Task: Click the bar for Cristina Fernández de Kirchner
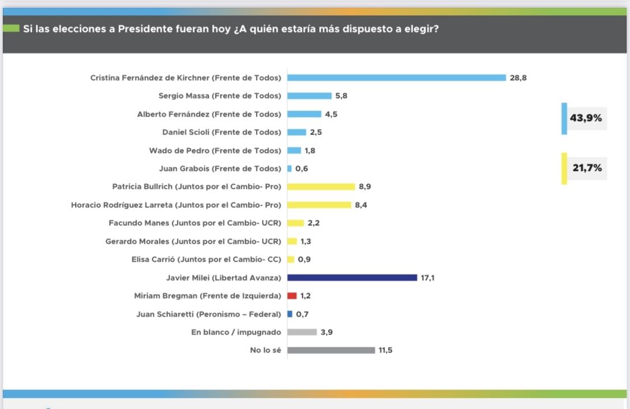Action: tap(396, 77)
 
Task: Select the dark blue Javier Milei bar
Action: tap(352, 277)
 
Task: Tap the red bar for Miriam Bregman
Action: tap(292, 296)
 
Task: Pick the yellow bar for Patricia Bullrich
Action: tap(321, 187)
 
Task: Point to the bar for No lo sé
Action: tap(331, 350)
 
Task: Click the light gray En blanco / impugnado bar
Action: tap(302, 332)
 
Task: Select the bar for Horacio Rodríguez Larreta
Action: tap(319, 205)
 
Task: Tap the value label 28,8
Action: tap(518, 78)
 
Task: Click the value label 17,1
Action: tap(427, 278)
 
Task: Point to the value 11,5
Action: tap(385, 351)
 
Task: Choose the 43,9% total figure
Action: tap(586, 118)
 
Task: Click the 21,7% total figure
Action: tap(587, 168)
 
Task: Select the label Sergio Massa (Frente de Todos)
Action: tap(220, 96)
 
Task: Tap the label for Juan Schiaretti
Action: tap(208, 314)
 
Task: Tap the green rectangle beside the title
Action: tap(11, 29)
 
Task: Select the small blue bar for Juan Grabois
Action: tap(290, 169)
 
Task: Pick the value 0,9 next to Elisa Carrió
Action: tap(304, 260)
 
